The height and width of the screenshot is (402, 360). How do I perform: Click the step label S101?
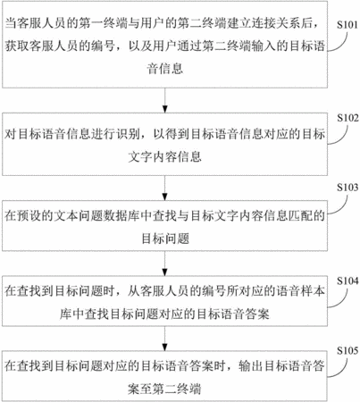347,25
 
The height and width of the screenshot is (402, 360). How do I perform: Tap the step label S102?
347,118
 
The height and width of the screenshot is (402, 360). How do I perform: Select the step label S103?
347,188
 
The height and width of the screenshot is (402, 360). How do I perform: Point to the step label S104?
347,281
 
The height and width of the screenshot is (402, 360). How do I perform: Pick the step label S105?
347,350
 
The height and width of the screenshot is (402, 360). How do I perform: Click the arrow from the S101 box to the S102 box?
164,100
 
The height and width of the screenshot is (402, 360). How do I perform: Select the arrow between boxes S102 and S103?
164,188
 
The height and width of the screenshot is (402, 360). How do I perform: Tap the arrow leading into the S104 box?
164,264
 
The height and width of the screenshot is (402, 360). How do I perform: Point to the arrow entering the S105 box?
164,339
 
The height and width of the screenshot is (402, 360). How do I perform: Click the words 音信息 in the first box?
164,69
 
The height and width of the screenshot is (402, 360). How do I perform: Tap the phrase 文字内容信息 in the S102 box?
164,156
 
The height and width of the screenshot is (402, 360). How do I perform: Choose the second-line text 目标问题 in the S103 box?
165,239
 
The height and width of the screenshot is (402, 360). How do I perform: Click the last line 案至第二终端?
164,389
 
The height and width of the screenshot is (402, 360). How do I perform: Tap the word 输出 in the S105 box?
250,366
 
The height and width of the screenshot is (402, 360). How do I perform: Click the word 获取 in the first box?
16,46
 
